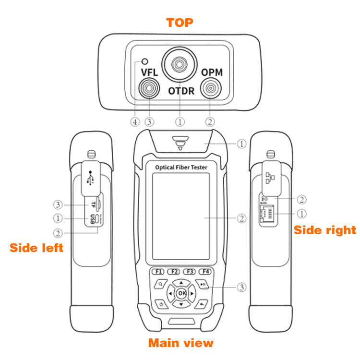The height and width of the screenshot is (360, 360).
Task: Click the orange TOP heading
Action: (x=180, y=23)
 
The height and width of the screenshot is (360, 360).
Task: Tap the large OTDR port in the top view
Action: (x=180, y=65)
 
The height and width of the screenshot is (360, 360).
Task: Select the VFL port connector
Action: (x=150, y=89)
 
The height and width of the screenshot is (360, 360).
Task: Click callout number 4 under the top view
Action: (x=135, y=122)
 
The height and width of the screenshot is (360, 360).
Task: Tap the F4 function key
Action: (x=206, y=271)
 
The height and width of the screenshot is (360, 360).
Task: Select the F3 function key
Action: (x=190, y=271)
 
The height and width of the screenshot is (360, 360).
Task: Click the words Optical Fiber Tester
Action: (x=181, y=167)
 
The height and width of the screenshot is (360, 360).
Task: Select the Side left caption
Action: (x=36, y=248)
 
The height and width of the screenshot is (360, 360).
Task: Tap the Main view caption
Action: (x=180, y=343)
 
